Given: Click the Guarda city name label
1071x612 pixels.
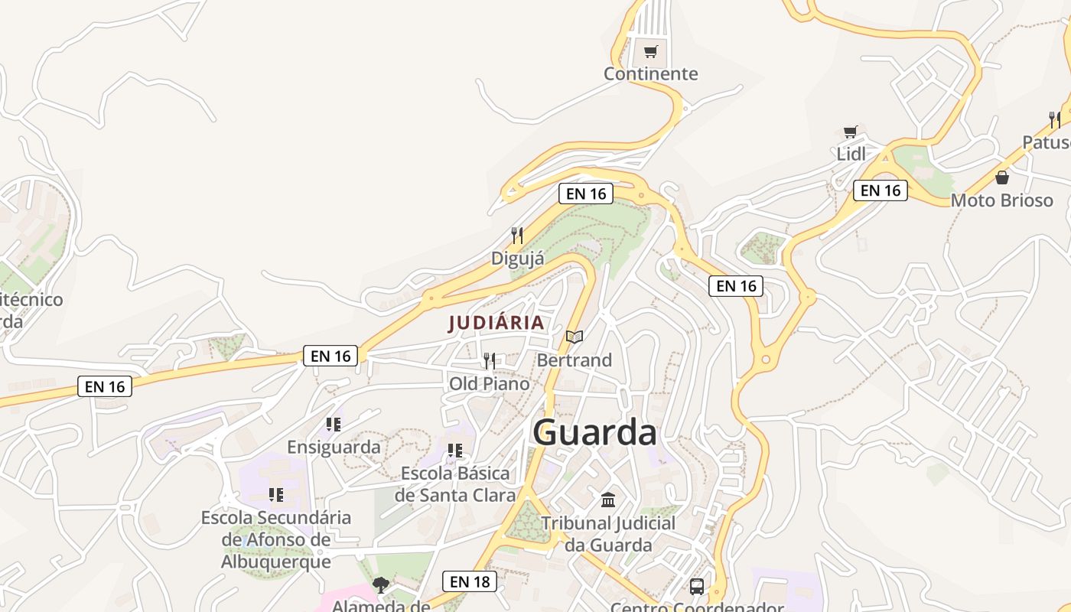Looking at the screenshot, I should coord(594,433).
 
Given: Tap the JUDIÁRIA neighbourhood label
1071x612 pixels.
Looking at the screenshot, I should coord(496,323).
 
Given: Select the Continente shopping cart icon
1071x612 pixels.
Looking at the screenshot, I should coord(650,52).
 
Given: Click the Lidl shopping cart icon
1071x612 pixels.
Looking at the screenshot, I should coord(850,132).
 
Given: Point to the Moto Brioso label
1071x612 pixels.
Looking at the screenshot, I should coord(1001,200).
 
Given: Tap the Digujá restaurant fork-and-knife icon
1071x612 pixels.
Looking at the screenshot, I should coord(517,236).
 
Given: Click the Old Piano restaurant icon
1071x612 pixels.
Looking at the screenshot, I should coord(490,360).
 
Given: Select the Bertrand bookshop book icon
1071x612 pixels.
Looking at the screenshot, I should coord(575,337).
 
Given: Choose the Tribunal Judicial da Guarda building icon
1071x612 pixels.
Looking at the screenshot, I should coord(608,500).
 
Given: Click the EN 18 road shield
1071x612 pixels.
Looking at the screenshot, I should coord(470,581).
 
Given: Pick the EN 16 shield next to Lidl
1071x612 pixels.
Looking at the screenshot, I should coord(880,190).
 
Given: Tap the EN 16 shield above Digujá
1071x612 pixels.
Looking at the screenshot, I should coord(586,194).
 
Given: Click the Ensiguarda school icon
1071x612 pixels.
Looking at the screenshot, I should coord(334,424).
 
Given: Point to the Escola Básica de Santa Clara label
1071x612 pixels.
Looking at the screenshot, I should coord(455,484).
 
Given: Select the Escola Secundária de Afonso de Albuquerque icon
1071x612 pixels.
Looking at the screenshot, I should coord(276,495).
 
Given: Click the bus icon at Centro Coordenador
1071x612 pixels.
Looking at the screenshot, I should coord(697,587).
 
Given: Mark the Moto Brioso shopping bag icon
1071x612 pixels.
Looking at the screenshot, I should coord(1002,177).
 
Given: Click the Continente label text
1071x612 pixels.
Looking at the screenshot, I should coord(650,74).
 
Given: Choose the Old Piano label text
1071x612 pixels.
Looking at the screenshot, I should coord(489,383).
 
